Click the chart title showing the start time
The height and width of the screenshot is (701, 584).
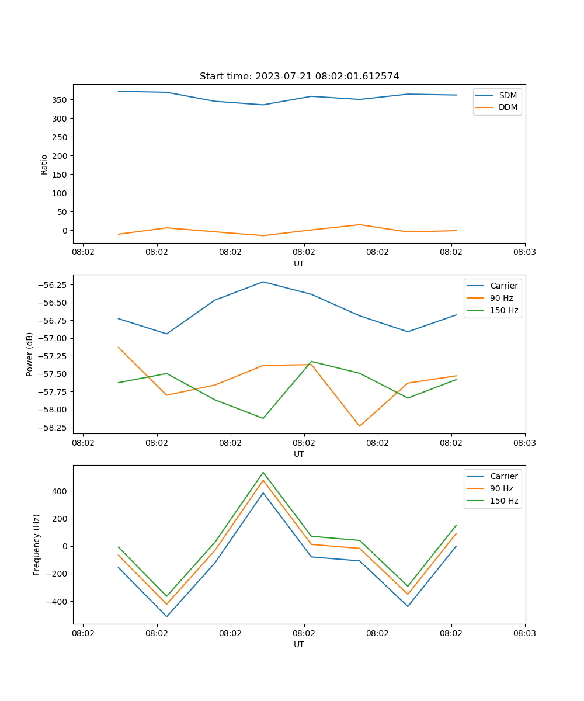tap(299, 77)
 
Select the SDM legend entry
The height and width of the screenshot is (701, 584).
tap(507, 95)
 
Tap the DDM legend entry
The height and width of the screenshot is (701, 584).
tap(507, 107)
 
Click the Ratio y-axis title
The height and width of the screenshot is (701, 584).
tap(44, 164)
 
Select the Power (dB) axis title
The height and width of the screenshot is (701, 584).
tap(30, 354)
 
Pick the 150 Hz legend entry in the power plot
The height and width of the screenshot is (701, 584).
tap(504, 310)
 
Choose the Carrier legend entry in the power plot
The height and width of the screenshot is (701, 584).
tap(504, 286)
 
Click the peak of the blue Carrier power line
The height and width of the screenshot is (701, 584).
tap(263, 282)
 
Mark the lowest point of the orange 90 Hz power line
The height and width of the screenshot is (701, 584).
tap(359, 426)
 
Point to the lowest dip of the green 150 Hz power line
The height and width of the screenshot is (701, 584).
tap(263, 418)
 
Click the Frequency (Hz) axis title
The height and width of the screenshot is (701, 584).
tap(37, 544)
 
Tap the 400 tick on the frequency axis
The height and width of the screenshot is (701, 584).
tap(61, 491)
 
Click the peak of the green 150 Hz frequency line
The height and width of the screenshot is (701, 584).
tap(263, 472)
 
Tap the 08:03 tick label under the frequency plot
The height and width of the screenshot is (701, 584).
tap(524, 633)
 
